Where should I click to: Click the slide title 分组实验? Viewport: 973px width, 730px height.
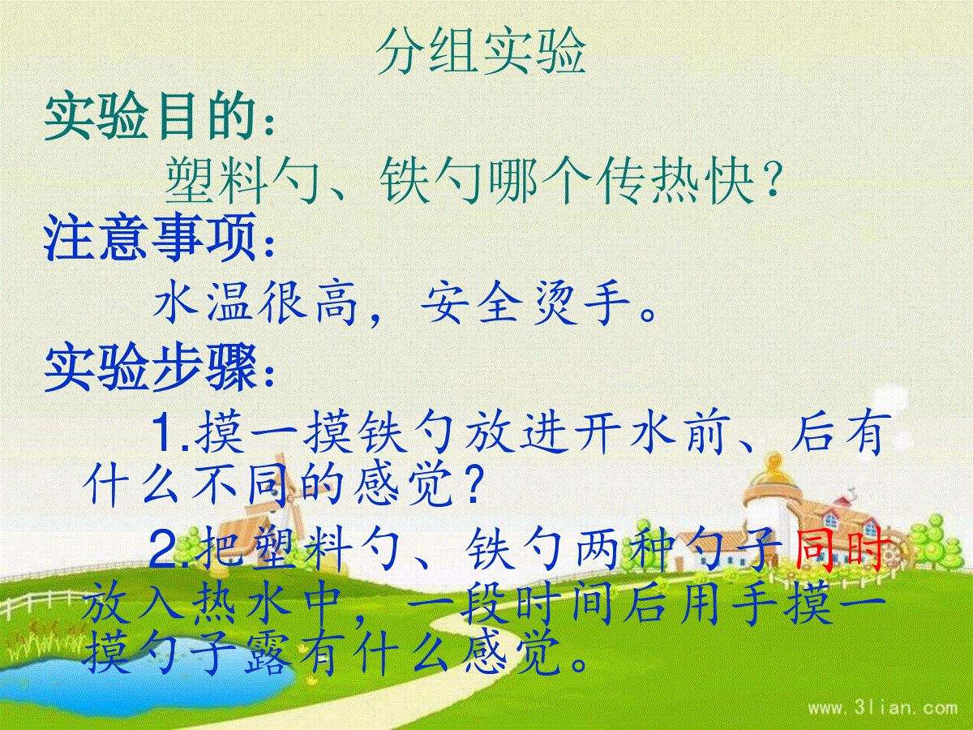click(x=481, y=52)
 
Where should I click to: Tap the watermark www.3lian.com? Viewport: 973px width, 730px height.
click(x=882, y=708)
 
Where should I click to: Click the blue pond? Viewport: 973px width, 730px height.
click(x=146, y=689)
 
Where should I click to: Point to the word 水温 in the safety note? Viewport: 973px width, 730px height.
click(x=203, y=304)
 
